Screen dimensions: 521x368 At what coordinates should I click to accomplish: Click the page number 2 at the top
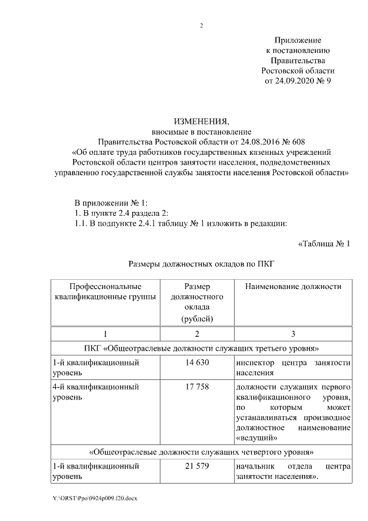pos(201,25)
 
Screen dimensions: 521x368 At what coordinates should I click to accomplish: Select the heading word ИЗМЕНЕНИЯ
pos(201,121)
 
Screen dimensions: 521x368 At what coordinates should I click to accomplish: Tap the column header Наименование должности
pos(293,287)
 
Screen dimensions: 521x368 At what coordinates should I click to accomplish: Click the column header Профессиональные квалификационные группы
pos(105,292)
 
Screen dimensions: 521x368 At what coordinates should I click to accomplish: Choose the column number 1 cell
pos(105,334)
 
